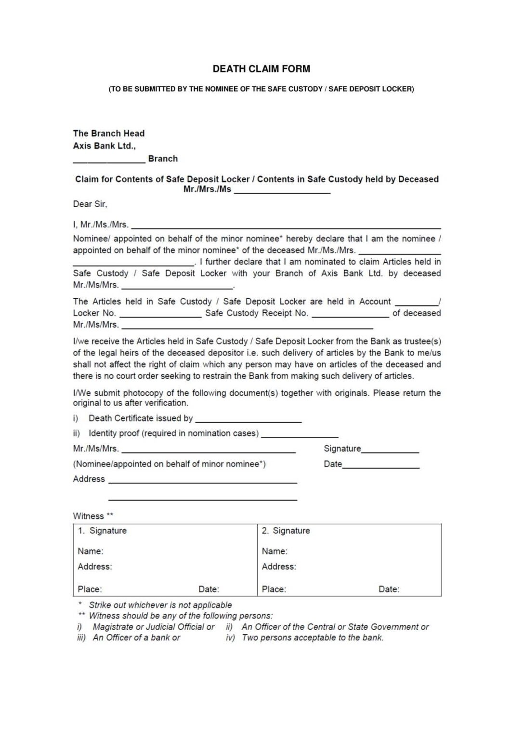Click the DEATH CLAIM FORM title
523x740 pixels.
point(261,69)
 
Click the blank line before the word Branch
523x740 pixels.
point(109,162)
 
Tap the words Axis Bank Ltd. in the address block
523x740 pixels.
point(104,146)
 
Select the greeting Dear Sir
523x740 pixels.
point(90,204)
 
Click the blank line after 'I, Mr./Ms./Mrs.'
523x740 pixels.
point(286,227)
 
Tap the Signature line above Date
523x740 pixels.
point(390,451)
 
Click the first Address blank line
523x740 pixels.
point(202,482)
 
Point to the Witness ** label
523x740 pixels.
point(93,516)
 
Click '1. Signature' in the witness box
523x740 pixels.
point(102,531)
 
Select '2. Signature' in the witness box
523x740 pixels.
point(286,531)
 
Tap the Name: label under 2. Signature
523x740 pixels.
point(275,551)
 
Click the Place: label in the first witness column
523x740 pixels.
point(90,589)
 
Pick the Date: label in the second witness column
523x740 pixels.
point(389,589)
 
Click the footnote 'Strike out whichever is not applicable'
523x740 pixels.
point(160,605)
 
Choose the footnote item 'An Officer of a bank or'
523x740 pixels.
point(136,638)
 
